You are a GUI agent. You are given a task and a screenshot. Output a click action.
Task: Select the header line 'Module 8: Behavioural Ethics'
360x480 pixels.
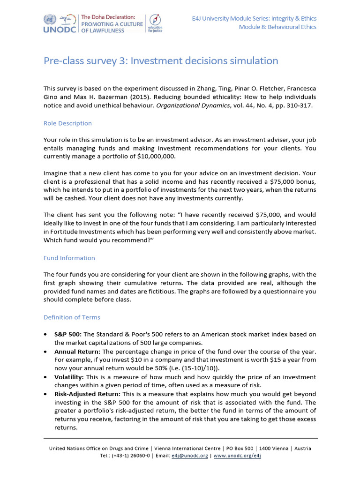277,27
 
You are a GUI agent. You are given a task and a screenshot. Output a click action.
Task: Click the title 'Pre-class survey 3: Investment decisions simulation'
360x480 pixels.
161,61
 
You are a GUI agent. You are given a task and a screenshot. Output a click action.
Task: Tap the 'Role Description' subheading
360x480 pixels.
67,123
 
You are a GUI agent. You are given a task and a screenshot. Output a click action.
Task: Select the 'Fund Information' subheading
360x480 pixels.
69,258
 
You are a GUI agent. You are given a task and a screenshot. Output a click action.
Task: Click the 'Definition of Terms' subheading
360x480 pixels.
72,317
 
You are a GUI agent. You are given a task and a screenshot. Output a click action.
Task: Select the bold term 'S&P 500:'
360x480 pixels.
67,334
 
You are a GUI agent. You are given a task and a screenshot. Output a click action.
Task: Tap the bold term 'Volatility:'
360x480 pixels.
69,377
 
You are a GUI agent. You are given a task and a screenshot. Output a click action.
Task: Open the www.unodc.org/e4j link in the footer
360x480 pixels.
237,456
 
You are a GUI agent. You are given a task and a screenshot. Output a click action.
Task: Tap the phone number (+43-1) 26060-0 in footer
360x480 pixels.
130,456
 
